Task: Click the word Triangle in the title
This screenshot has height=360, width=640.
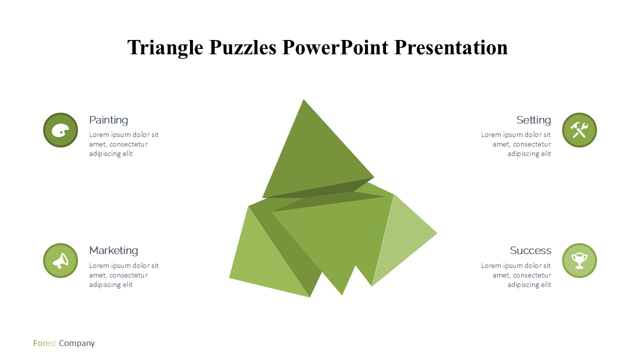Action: coord(165,47)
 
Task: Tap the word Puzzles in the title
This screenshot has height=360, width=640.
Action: coord(243,47)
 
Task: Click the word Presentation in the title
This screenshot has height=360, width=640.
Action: coord(451,47)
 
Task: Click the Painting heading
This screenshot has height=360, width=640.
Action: coord(108,120)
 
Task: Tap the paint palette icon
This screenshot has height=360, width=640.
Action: coord(60,130)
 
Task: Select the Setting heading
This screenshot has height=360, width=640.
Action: coord(533,120)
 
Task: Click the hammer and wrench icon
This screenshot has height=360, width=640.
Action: coord(579,130)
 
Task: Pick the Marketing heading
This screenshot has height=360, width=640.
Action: coord(113,250)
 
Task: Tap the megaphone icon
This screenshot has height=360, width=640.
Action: coord(60,260)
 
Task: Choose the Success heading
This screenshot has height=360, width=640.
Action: coord(530,250)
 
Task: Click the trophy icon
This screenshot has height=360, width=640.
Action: coord(579,261)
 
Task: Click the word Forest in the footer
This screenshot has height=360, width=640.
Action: coord(44,343)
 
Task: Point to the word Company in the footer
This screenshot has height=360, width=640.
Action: coord(77,343)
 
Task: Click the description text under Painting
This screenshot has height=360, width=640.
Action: coord(123,144)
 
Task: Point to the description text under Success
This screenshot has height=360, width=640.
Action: coord(516,275)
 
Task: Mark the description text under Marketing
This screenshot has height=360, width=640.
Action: coord(123,275)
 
